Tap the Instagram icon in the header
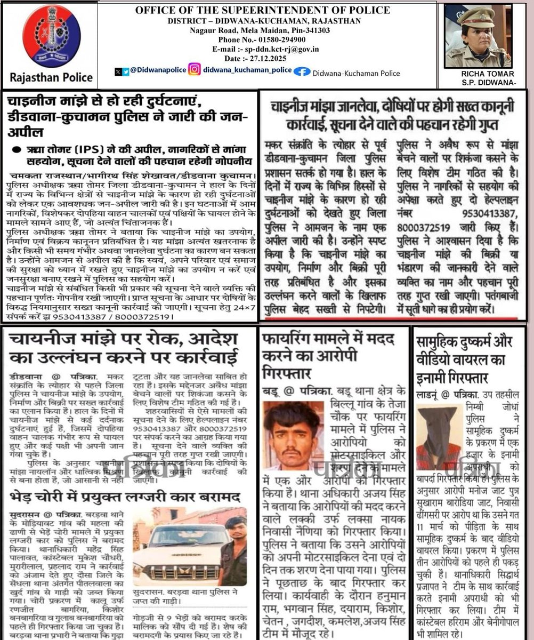[x=195, y=69]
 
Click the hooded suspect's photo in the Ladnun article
[x=438, y=437]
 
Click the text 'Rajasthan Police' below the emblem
[x=51, y=78]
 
